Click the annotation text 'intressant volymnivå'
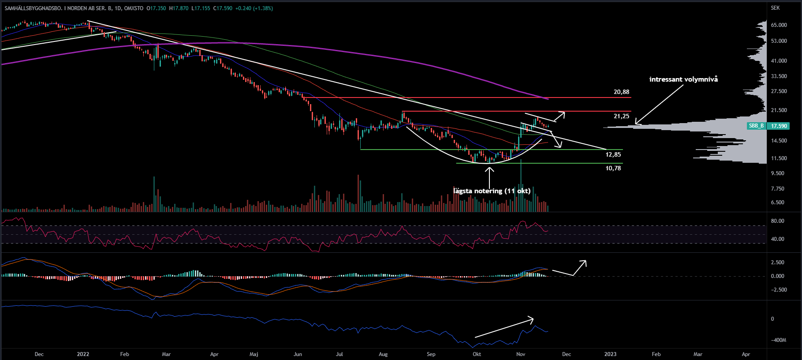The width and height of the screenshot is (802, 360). point(683,79)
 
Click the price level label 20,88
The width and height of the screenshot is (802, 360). point(621,92)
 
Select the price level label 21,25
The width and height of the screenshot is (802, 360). point(621,116)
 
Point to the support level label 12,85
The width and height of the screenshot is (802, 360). point(613,154)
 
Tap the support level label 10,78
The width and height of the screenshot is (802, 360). point(613,168)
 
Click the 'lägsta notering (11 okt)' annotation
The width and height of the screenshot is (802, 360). point(492,191)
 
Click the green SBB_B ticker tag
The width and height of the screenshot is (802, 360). point(756,126)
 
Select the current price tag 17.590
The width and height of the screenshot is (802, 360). point(779,126)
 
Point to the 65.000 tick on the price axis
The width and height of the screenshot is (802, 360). point(779,25)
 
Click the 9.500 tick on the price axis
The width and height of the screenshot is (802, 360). point(778,173)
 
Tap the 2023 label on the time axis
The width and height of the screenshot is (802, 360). point(610,354)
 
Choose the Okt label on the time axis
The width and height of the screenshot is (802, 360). point(477,354)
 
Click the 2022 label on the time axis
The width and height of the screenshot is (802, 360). point(83,354)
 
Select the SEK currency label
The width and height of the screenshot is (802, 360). point(775,8)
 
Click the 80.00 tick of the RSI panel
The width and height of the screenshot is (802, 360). point(778,221)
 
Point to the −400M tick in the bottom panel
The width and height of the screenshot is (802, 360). point(778,340)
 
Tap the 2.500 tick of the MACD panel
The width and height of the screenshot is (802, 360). point(778,262)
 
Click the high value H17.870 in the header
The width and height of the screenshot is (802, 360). point(179,8)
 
